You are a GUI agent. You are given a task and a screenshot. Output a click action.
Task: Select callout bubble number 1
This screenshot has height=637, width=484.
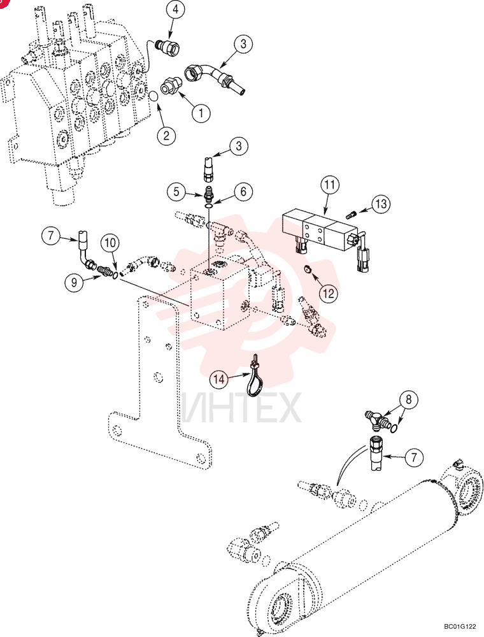point(201,113)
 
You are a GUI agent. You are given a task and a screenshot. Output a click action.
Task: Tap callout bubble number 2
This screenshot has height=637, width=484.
point(166,135)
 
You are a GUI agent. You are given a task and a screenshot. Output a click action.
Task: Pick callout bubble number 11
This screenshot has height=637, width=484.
point(330,185)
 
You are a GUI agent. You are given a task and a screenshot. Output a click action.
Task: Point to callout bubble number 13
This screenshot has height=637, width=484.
point(381,203)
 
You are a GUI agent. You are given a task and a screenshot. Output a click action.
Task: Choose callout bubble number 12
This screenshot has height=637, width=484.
point(329,292)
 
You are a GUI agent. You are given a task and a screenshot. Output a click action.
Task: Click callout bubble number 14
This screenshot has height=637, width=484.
point(219,379)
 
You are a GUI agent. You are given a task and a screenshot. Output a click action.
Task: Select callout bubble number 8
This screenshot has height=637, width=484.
point(408,399)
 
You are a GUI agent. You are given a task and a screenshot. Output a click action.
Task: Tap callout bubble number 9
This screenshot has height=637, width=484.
point(74,282)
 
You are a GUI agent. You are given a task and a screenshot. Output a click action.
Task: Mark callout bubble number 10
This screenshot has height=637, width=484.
point(110,243)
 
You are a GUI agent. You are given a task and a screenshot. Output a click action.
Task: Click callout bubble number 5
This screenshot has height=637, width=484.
point(176,192)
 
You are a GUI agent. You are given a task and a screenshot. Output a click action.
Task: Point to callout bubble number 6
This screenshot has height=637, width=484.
point(243,191)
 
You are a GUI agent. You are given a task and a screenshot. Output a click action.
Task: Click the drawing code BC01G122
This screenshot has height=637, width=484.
point(460,627)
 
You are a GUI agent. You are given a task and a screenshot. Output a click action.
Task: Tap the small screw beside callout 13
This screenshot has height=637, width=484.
point(352,213)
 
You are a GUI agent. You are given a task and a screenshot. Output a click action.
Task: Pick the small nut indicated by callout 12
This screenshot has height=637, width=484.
point(308,269)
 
